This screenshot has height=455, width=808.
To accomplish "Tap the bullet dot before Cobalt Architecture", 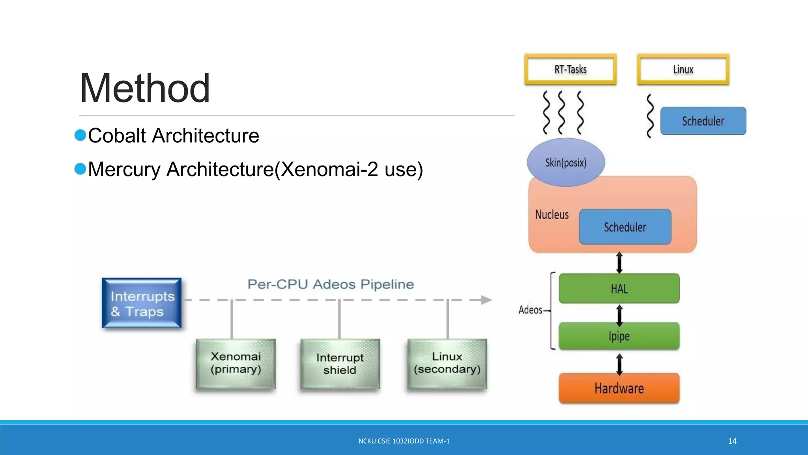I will tap(80, 135).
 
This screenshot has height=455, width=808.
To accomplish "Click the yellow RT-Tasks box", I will tap(570, 70).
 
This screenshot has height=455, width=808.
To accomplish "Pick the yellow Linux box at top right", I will tap(683, 70).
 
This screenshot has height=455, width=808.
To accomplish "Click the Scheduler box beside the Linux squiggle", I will tap(703, 121).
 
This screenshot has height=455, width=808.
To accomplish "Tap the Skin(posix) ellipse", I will tap(566, 162).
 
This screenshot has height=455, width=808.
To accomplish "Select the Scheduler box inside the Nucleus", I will tap(625, 227).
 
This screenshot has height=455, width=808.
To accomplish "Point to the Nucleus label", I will tap(552, 215).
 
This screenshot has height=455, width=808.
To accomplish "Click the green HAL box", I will tap(619, 289).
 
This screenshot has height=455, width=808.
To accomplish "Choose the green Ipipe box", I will tap(619, 336).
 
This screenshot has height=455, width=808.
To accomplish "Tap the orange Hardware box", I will tap(619, 388).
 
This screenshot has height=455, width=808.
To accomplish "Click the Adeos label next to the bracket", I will tap(530, 310).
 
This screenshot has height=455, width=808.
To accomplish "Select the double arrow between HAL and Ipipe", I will tap(619, 315).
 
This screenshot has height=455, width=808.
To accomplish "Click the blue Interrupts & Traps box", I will tap(142, 303).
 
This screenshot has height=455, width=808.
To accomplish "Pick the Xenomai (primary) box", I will tap(236, 363).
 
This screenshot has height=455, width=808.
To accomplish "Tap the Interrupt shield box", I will tap(340, 364).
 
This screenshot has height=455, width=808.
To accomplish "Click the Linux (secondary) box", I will tap(447, 363).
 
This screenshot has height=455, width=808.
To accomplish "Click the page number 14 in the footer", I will tap(732, 441).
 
